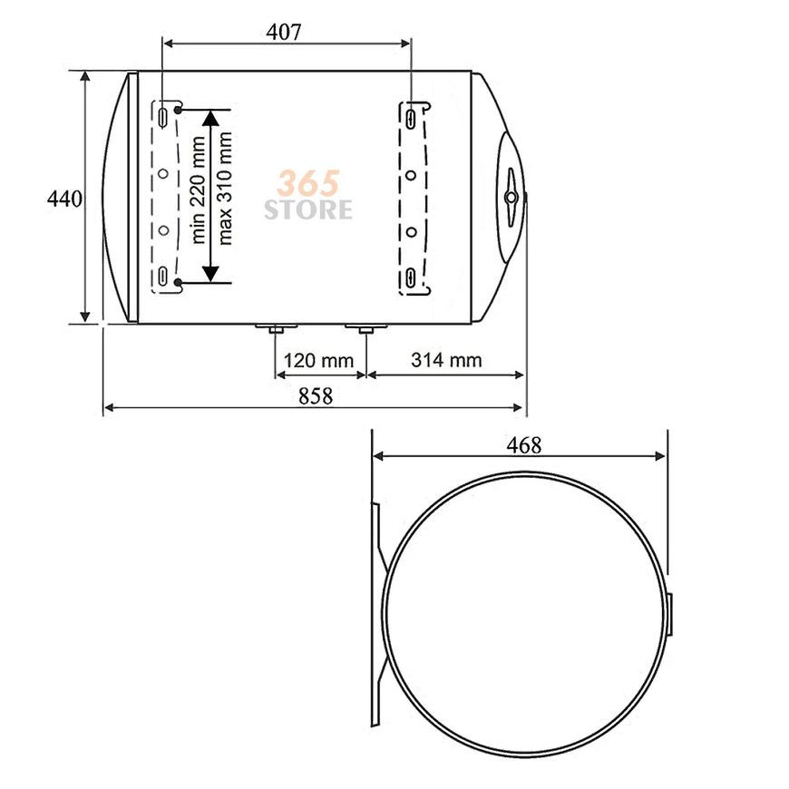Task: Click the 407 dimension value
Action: tap(283, 33)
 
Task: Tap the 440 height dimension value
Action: tap(64, 200)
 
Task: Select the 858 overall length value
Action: tap(316, 396)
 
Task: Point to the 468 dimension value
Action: tap(524, 444)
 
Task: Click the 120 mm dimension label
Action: tap(319, 360)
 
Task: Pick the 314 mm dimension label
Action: tap(446, 360)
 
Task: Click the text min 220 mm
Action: tap(199, 190)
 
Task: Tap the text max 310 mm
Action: tap(225, 189)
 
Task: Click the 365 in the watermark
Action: tap(308, 183)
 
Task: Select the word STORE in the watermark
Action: tap(308, 209)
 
